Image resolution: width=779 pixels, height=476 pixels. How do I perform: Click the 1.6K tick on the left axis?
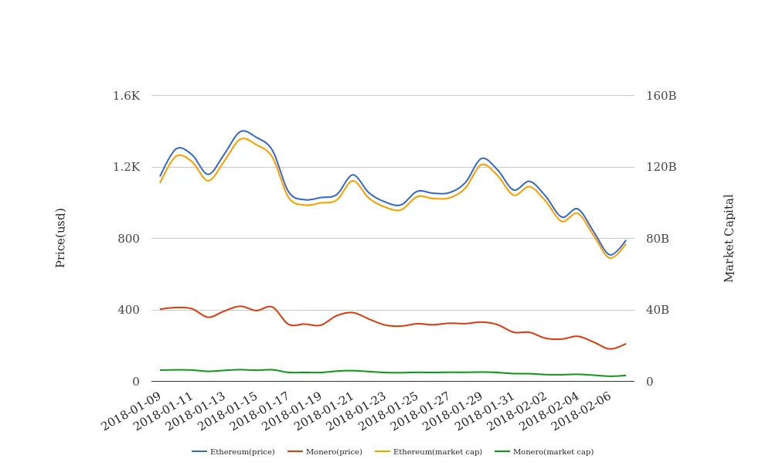coord(126,96)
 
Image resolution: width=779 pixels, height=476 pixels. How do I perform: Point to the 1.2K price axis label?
coord(126,167)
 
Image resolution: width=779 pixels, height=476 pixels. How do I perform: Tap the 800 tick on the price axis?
coord(128,238)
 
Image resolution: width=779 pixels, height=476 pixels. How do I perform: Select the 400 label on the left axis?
coord(128,310)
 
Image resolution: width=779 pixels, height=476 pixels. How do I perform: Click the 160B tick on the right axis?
coord(661,96)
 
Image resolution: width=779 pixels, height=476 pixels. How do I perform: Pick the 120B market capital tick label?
coord(661,167)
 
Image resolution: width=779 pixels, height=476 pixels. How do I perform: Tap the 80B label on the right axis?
coord(658,238)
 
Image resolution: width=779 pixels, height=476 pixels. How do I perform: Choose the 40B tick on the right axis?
coord(658,310)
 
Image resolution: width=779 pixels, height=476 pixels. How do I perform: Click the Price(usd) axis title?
coord(60,238)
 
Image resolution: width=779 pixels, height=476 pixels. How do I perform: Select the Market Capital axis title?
coord(729,238)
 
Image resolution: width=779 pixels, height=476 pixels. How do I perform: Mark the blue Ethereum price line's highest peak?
coord(243,131)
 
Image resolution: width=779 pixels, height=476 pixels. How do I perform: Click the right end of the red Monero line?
coord(625,344)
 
